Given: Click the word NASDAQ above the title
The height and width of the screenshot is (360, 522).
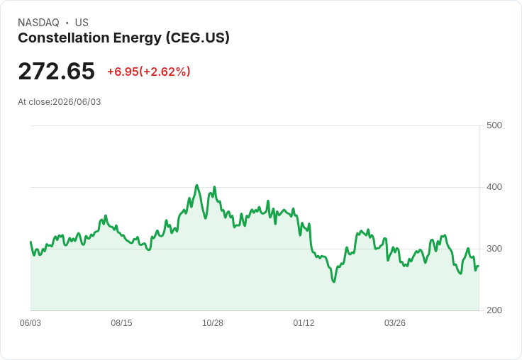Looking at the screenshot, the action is pos(38,23).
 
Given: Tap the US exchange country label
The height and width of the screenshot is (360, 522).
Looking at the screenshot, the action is pos(82,23).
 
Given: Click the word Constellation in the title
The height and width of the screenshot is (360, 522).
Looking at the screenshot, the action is pos(64,38).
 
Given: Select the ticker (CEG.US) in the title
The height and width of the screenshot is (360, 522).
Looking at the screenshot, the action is pos(198,38).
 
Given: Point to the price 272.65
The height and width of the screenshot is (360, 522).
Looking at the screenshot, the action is pos(56,71).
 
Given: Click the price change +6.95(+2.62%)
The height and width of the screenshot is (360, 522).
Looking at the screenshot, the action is pos(148,72).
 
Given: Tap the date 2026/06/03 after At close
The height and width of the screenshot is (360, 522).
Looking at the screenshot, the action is pos(77,102).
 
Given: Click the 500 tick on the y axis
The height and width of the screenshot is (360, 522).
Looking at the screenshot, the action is pos(494,125).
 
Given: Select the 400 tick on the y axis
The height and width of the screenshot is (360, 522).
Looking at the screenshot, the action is pos(494,187).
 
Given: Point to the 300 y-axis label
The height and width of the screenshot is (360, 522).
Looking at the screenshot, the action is pos(494,249).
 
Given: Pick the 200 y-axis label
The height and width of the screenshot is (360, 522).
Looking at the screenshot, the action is pos(494,310).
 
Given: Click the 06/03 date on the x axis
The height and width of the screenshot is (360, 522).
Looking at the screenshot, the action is pos(30,323).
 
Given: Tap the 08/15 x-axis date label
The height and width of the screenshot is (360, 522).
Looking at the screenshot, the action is pos(121,323).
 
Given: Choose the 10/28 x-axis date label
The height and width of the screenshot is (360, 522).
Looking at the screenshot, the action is pos(213,323).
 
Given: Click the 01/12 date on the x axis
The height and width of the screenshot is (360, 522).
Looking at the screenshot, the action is pos(304,323).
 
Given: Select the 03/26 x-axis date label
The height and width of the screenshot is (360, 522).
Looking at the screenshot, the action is pos(395,323).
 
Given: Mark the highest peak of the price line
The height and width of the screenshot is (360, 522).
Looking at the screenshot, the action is pos(196,186).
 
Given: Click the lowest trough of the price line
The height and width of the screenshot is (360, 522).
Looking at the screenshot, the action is pos(334,282).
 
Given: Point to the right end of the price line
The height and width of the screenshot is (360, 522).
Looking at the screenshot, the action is pos(479,266).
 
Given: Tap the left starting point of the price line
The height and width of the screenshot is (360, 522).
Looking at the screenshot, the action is pos(30,242).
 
